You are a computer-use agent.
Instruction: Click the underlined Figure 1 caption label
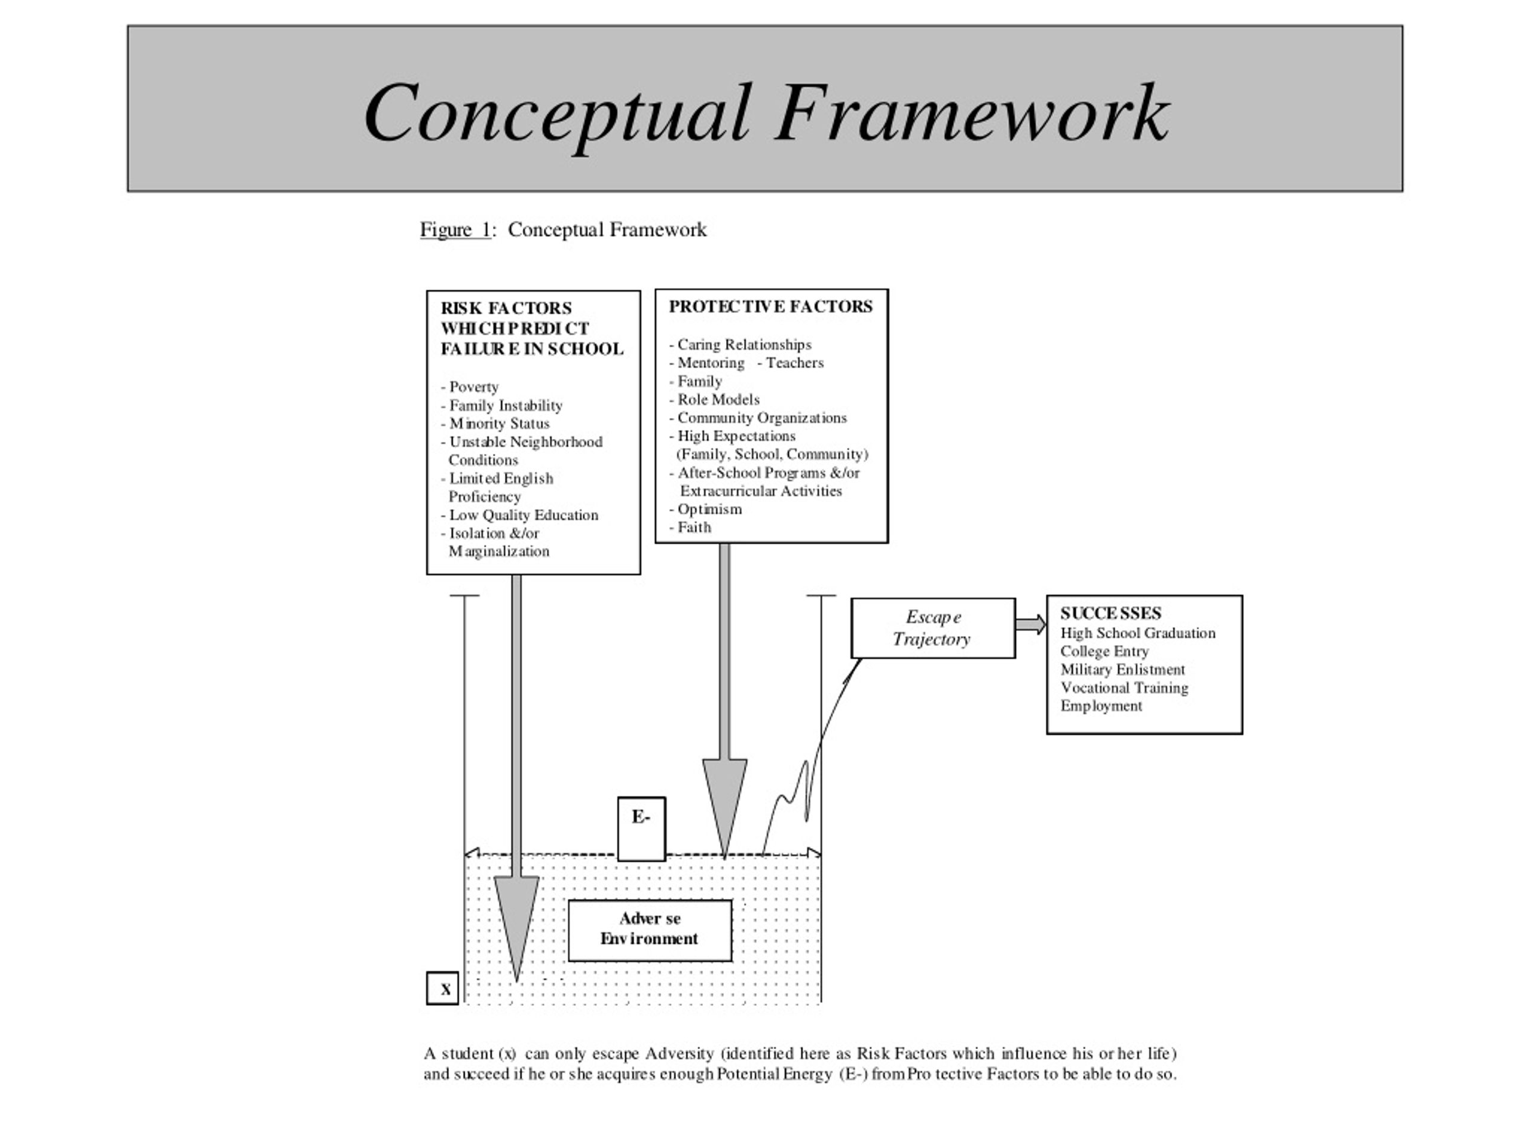pyautogui.click(x=455, y=229)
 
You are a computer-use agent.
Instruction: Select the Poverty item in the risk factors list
pyautogui.click(x=473, y=387)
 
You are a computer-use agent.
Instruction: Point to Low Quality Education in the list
pyautogui.click(x=523, y=515)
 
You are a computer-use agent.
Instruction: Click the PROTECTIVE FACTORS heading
pyautogui.click(x=770, y=306)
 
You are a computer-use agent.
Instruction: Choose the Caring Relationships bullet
pyautogui.click(x=743, y=344)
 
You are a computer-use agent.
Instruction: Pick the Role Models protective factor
pyautogui.click(x=718, y=400)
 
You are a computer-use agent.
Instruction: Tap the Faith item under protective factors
pyautogui.click(x=694, y=528)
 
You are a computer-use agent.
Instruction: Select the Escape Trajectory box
pyautogui.click(x=932, y=628)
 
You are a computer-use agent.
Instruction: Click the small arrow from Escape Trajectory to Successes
pyautogui.click(x=1030, y=624)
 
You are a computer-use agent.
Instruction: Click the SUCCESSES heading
pyautogui.click(x=1110, y=614)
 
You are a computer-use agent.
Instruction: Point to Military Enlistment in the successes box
pyautogui.click(x=1122, y=669)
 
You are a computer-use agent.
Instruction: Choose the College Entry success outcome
pyautogui.click(x=1104, y=651)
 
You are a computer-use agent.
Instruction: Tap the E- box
pyautogui.click(x=641, y=828)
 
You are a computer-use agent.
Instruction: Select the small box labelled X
pyautogui.click(x=443, y=988)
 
